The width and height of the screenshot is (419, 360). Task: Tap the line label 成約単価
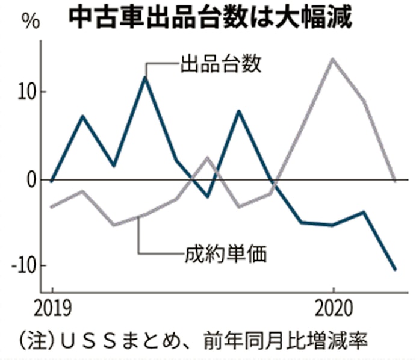226,253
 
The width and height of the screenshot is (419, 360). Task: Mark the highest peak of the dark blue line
145,78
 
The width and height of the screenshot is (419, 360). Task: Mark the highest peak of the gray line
332,59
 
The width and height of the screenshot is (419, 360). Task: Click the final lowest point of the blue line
396,269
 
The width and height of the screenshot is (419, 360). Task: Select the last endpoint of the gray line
396,180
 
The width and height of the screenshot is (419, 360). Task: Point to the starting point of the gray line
52,207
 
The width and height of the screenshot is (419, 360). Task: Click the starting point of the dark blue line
52,180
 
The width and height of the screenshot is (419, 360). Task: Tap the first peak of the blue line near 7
82,116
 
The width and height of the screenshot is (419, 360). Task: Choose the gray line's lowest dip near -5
114,225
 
